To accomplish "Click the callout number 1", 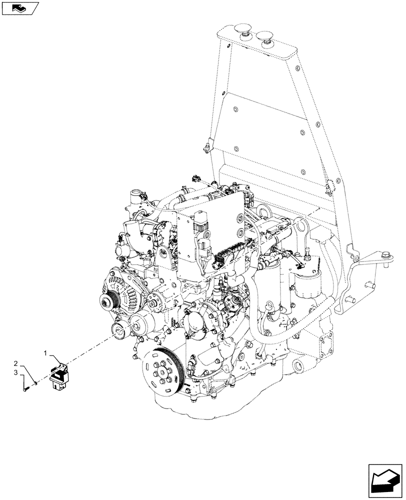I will (45, 353).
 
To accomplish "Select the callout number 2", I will (16, 363).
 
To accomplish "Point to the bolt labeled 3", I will (25, 389).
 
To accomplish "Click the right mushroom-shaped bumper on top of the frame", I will (263, 35).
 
